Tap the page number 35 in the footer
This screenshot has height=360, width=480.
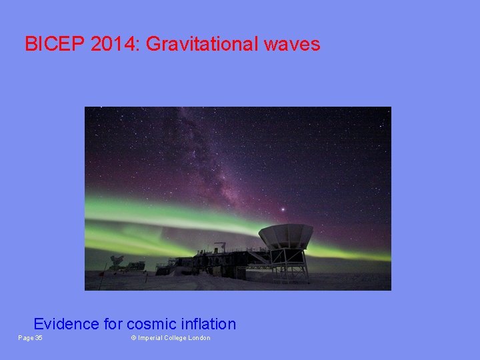pyautogui.click(x=39, y=338)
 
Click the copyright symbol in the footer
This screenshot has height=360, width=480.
pyautogui.click(x=133, y=338)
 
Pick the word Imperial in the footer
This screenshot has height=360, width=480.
pyautogui.click(x=151, y=338)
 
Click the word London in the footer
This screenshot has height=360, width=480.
pyautogui.click(x=199, y=338)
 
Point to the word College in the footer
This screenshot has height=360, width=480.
pyautogui.click(x=175, y=338)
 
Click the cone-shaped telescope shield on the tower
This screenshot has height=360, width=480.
pyautogui.click(x=285, y=235)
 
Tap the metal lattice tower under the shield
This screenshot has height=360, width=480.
pyautogui.click(x=289, y=263)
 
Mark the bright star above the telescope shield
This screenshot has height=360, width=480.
pyautogui.click(x=283, y=210)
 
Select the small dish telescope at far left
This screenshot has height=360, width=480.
pyautogui.click(x=117, y=261)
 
